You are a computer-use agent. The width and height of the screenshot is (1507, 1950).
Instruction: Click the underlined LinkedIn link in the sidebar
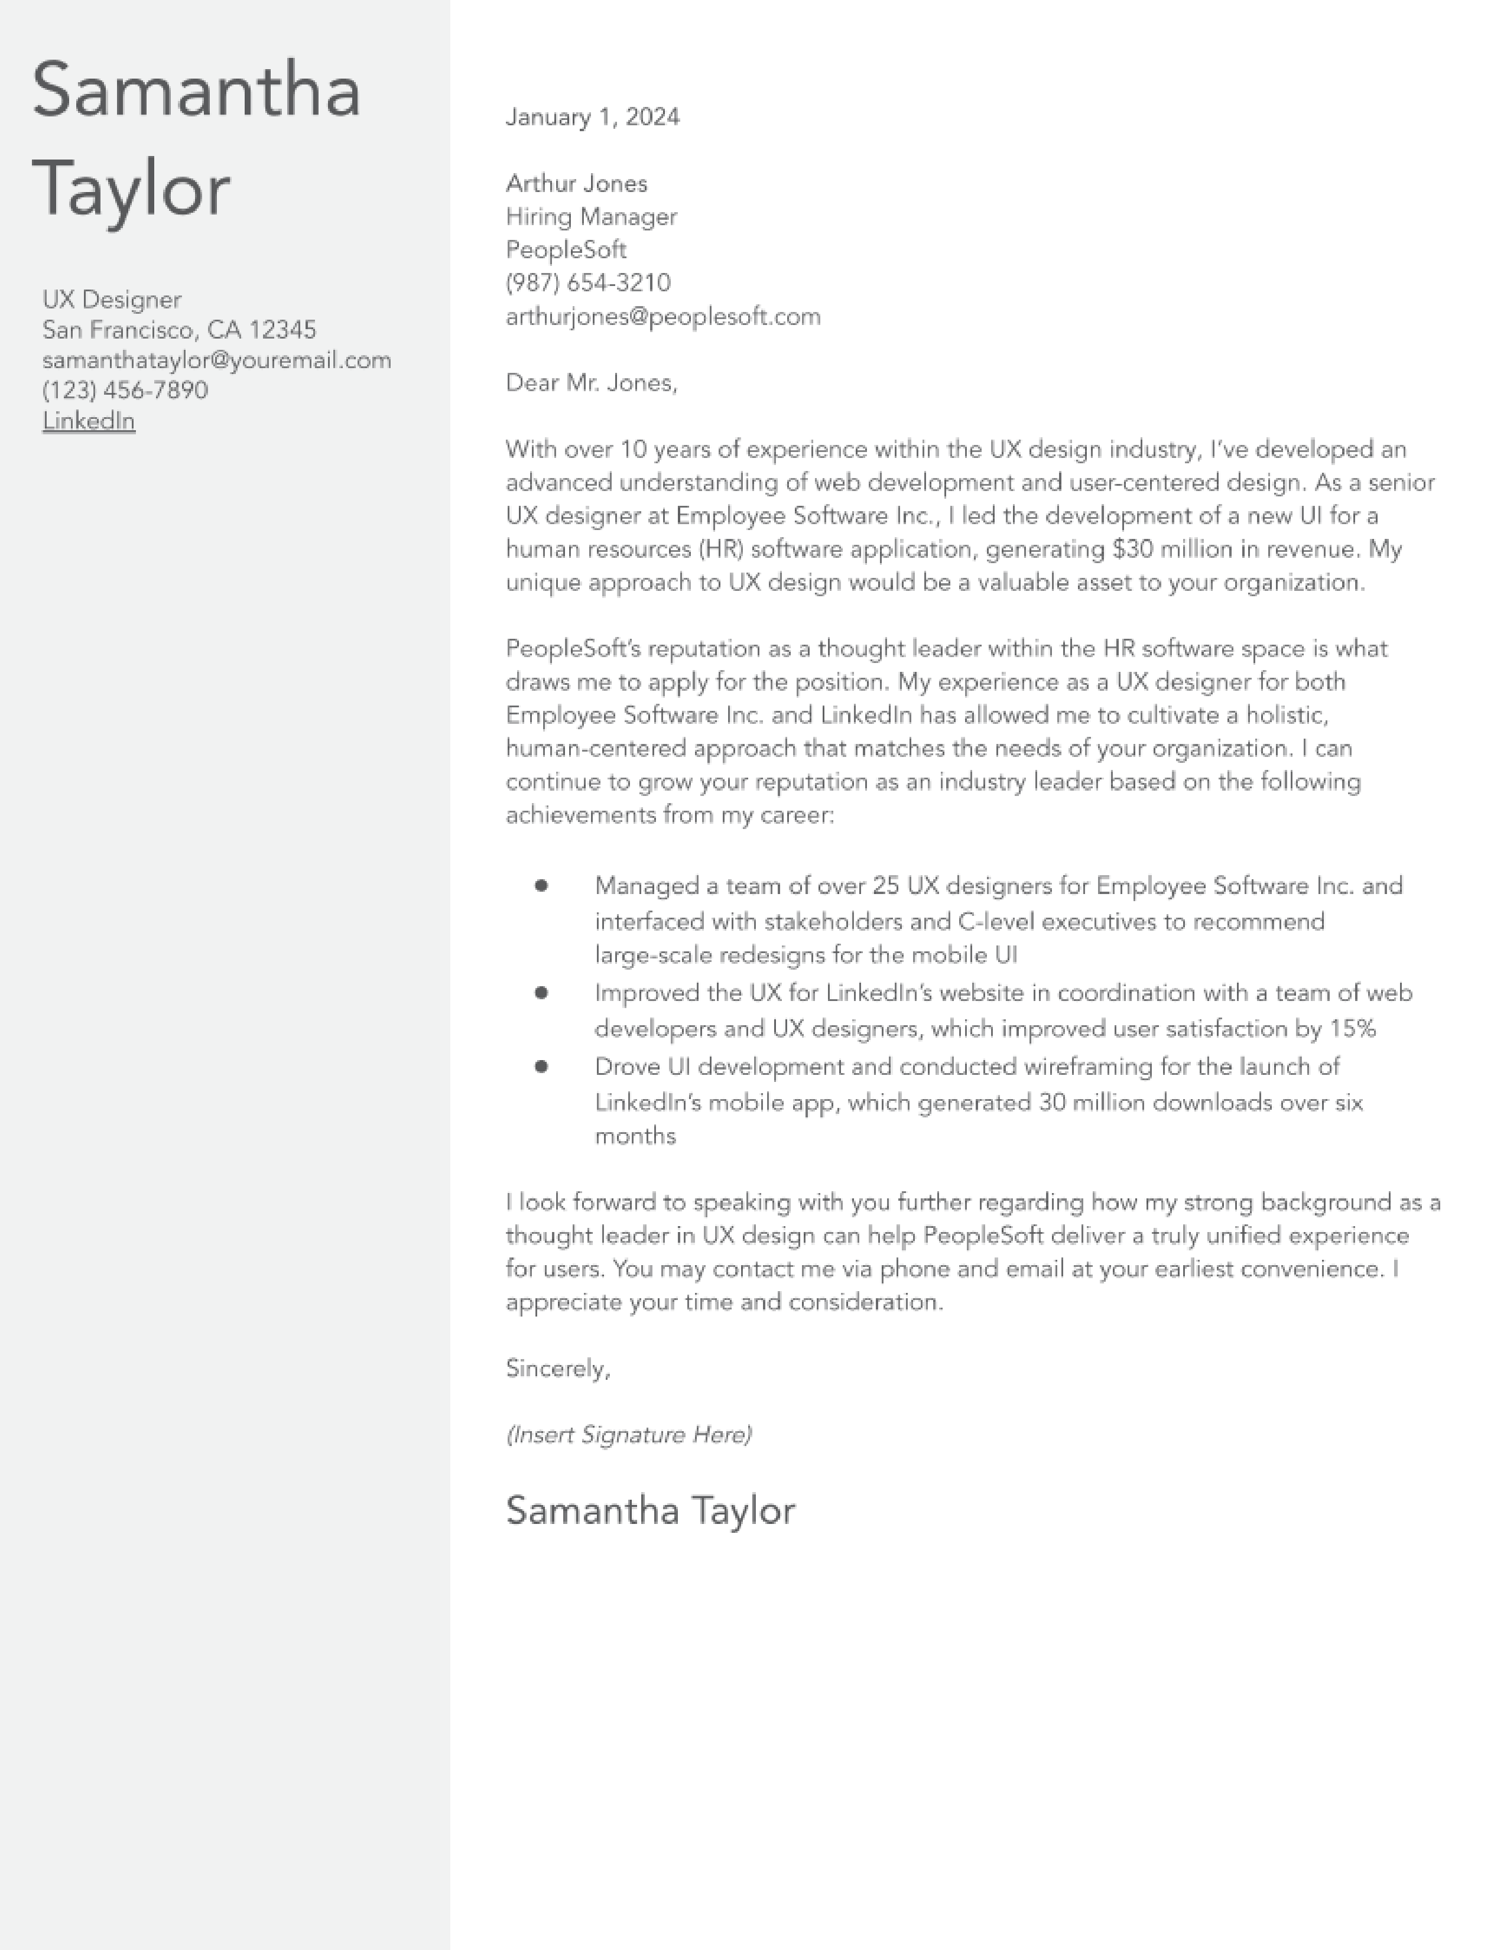[89, 421]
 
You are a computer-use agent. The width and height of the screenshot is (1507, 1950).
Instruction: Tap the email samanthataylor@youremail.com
[216, 360]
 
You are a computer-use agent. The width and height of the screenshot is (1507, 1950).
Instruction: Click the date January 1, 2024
[592, 117]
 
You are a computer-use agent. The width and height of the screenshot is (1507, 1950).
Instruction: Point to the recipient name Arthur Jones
[576, 183]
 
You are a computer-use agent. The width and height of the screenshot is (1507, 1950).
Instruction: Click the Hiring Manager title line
[591, 216]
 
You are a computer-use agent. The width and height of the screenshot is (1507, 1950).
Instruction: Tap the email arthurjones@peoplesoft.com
[662, 316]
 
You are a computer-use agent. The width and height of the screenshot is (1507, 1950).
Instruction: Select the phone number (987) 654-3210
[587, 283]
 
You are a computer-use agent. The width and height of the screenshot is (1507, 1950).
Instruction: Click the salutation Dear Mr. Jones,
[591, 382]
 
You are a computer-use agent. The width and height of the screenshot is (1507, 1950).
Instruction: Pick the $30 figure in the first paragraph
[1133, 548]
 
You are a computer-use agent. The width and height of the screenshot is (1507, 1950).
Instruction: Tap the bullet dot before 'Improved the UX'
[541, 992]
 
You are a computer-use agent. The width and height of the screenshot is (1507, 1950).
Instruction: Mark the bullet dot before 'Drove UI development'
[541, 1065]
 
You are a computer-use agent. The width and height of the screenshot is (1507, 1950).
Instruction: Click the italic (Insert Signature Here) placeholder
[629, 1434]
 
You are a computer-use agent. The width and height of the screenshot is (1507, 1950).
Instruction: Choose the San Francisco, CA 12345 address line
[178, 330]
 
